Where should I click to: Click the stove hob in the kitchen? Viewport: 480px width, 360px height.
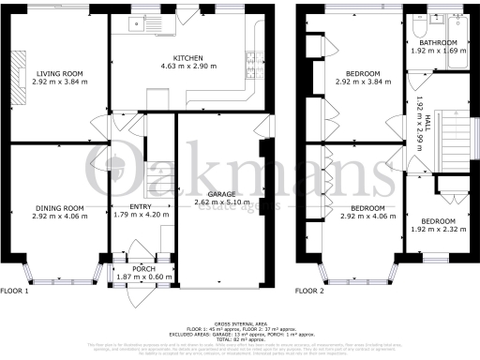[253, 61]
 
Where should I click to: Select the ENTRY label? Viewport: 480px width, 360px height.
[128, 207]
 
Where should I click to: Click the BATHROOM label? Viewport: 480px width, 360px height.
[438, 43]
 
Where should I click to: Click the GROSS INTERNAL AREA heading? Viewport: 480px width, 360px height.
[240, 320]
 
